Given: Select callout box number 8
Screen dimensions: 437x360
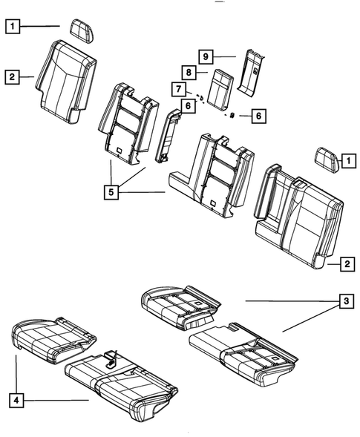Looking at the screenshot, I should tap(189, 73).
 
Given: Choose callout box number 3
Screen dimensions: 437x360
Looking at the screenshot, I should tap(344, 301).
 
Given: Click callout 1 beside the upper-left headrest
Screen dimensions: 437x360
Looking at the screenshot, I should tap(13, 26).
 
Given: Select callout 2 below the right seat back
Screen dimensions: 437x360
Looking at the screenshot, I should tap(347, 263).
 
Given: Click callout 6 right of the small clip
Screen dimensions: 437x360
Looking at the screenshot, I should tap(258, 116).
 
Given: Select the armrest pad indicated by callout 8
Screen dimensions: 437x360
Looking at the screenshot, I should tap(218, 90).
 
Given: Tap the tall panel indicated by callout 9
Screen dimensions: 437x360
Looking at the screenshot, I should tap(252, 71).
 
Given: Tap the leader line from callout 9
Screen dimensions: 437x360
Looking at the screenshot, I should tap(226, 56).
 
